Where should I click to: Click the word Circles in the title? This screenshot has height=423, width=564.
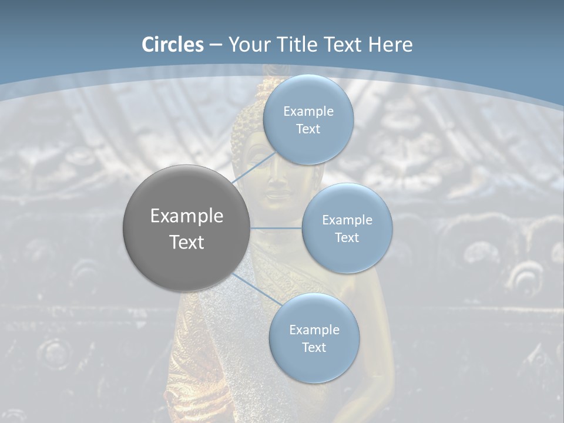point(173,45)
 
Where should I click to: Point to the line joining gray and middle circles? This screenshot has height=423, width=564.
point(276,228)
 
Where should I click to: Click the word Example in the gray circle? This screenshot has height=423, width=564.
point(187,216)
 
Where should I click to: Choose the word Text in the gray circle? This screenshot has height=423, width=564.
point(187,242)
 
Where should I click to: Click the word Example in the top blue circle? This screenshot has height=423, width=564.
point(308,112)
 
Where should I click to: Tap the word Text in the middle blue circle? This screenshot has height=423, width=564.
point(347,238)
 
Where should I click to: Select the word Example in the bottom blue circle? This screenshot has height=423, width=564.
point(314,330)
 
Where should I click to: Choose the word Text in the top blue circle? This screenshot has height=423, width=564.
point(308,129)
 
